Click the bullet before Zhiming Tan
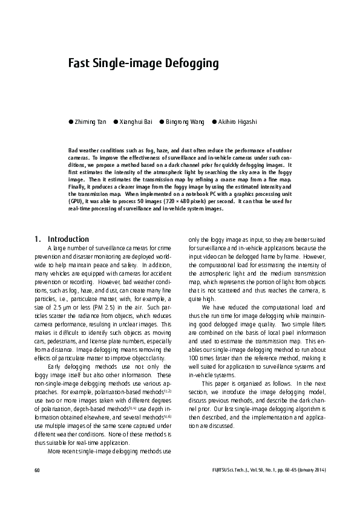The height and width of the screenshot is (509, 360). coord(70,122)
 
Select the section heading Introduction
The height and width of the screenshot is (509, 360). coord(68,239)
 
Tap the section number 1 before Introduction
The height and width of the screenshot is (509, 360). coord(38,239)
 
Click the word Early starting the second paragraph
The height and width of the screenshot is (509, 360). coord(55,365)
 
